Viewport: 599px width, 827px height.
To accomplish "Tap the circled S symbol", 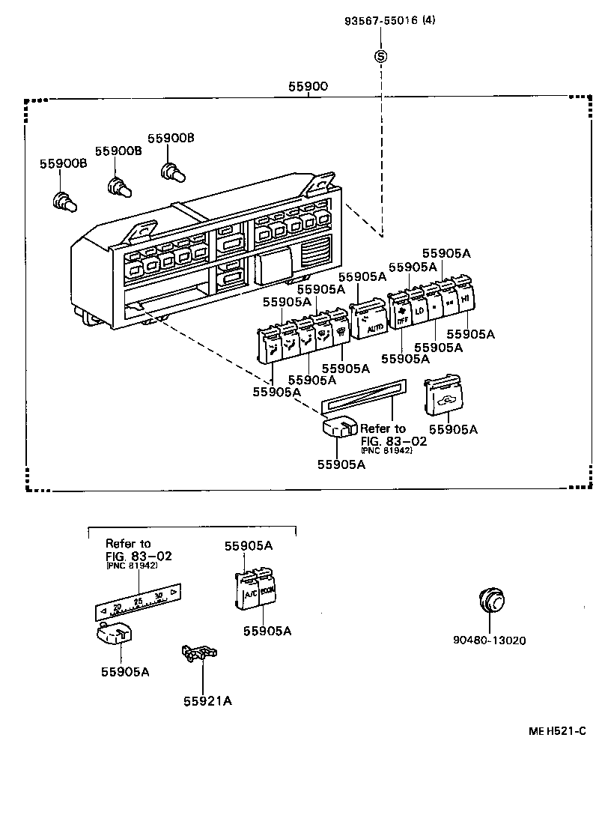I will [381, 55].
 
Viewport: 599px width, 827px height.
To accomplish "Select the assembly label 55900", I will [308, 87].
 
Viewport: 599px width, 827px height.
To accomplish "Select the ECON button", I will [268, 590].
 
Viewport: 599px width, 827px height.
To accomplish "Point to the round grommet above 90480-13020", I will [490, 600].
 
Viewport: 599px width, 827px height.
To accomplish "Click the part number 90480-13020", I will [489, 640].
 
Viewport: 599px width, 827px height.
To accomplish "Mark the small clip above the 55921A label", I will [198, 653].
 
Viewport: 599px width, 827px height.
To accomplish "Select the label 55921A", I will [207, 701].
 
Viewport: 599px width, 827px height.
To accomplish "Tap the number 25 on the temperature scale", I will [138, 602].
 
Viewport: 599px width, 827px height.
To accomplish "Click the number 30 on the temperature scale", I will [158, 596].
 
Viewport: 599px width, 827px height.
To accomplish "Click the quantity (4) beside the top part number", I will [428, 21].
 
